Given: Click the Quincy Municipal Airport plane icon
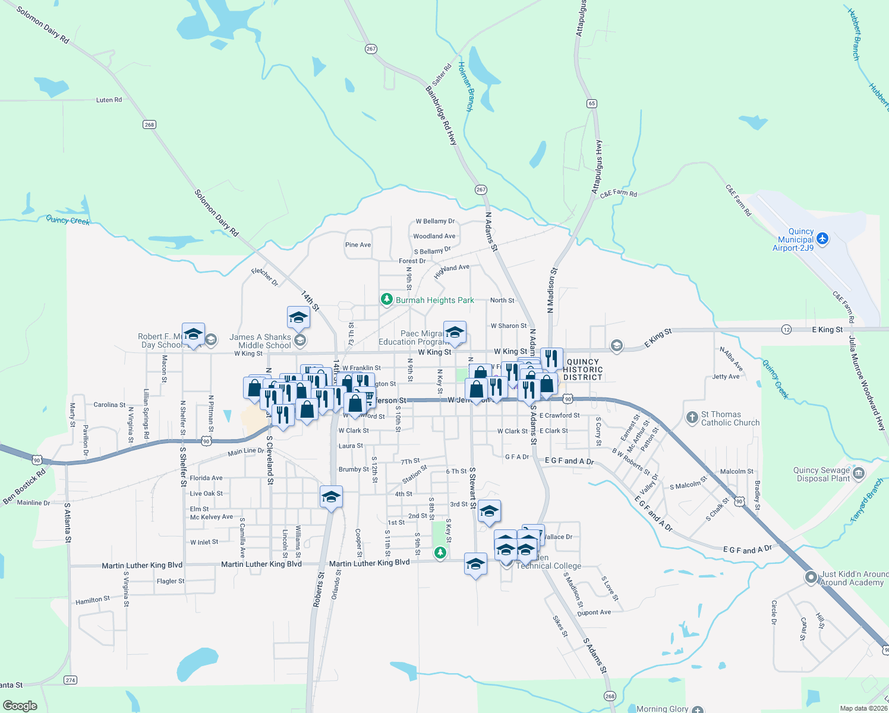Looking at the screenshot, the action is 822,239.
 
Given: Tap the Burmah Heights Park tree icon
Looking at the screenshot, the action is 387,299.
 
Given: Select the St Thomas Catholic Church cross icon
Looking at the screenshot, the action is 692,418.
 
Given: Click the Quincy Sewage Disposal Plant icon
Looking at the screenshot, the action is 858,474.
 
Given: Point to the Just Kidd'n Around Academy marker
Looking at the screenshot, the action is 811,578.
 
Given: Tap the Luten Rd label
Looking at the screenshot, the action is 109,100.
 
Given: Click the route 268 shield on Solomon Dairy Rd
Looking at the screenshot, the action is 149,124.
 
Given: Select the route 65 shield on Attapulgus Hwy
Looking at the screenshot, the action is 591,103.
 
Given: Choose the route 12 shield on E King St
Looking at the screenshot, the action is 787,329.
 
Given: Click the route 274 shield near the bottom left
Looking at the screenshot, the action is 71,680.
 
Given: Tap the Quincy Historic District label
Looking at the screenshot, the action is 583,370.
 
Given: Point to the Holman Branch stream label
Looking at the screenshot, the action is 465,87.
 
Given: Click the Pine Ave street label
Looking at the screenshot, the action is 358,245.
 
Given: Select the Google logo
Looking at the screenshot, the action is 20,706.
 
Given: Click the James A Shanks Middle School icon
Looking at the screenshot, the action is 300,340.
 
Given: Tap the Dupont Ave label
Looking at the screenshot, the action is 594,613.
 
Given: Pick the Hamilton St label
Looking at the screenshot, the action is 93,601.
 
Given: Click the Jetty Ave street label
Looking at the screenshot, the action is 726,377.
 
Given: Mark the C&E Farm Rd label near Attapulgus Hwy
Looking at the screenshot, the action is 618,194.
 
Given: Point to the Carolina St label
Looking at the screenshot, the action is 109,405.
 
